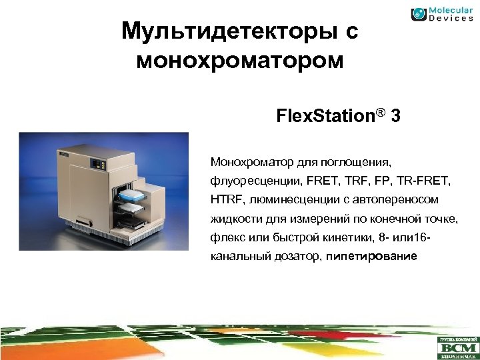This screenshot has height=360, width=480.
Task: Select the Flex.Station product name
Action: pos(324,117)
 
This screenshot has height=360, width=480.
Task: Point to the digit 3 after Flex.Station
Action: pos(396,117)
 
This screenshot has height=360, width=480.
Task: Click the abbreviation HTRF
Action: pos(225,199)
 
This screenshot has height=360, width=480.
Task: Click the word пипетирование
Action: pos(371,257)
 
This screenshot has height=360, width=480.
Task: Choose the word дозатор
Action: pos(299,257)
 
